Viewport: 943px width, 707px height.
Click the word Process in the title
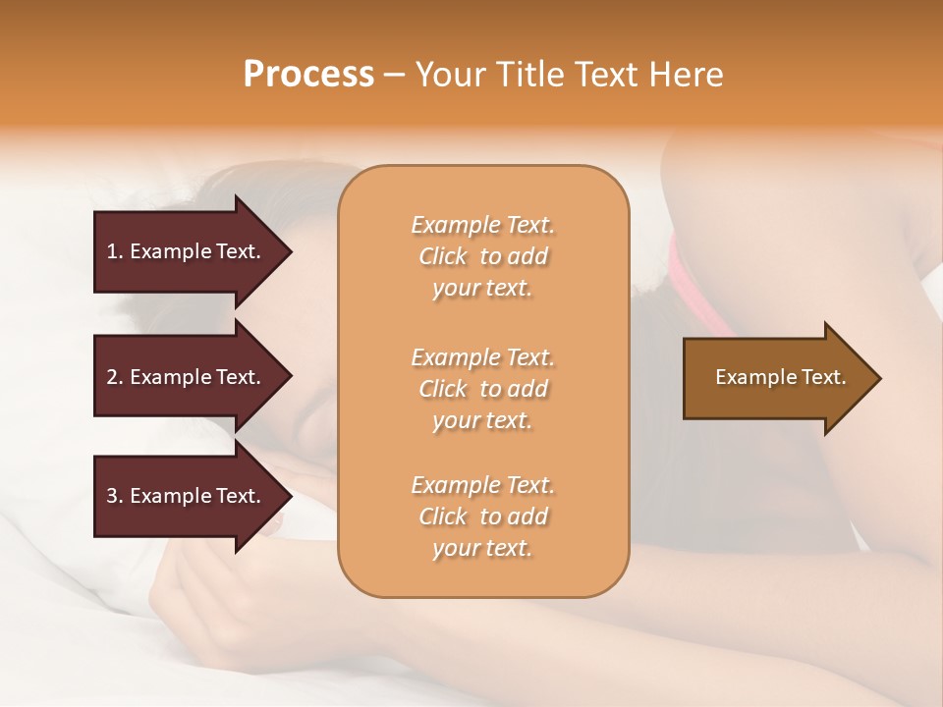pyautogui.click(x=308, y=75)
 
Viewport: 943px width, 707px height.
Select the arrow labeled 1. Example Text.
pyautogui.click(x=187, y=251)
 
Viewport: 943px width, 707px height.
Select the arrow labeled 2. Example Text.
pyautogui.click(x=187, y=377)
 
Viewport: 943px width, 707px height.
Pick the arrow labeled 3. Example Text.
pyautogui.click(x=187, y=496)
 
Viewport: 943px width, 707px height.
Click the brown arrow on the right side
pyautogui.click(x=776, y=378)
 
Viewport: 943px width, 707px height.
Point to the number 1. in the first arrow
pyautogui.click(x=116, y=251)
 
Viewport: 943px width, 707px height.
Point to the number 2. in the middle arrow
pyautogui.click(x=116, y=377)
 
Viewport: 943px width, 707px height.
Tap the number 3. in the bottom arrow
pyautogui.click(x=116, y=496)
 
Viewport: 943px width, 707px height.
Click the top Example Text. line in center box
pyautogui.click(x=482, y=225)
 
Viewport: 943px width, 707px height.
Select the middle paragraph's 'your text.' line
pyautogui.click(x=482, y=420)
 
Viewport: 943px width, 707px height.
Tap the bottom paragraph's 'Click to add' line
pyautogui.click(x=482, y=517)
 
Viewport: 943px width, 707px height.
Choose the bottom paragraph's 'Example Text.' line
pyautogui.click(x=482, y=485)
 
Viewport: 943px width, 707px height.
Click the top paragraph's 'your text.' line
pyautogui.click(x=482, y=289)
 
